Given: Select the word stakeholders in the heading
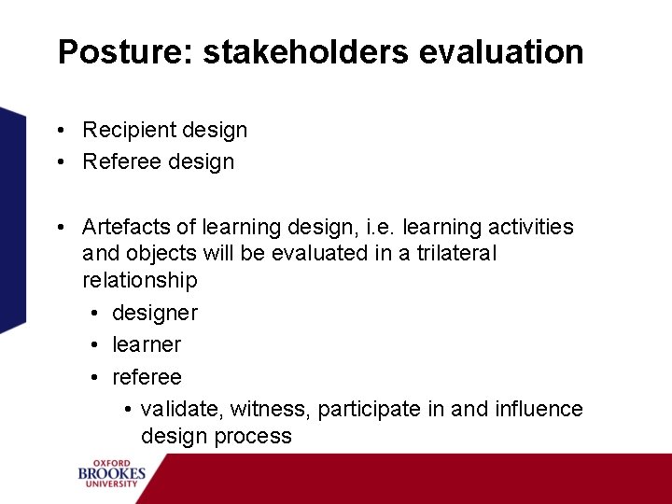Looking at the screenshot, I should pyautogui.click(x=306, y=52).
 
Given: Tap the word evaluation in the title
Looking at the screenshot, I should pyautogui.click(x=501, y=52).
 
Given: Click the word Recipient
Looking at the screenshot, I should pyautogui.click(x=127, y=131).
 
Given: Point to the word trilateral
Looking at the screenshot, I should pyautogui.click(x=455, y=254).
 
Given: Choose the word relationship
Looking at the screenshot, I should pyautogui.click(x=140, y=280).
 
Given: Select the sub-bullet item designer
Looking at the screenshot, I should pyautogui.click(x=155, y=313).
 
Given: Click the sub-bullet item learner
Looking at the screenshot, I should pyautogui.click(x=147, y=344).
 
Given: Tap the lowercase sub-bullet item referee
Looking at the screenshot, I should pyautogui.click(x=147, y=377).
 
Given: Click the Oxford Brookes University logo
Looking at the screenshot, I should pyautogui.click(x=112, y=473).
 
